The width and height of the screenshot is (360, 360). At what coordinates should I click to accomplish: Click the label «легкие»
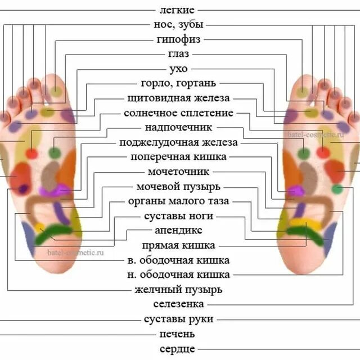pos(178,10)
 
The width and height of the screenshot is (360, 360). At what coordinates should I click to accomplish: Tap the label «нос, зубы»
pos(178,25)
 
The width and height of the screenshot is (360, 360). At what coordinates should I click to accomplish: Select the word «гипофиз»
pos(178,39)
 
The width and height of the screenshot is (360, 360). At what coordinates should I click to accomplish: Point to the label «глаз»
pos(178,54)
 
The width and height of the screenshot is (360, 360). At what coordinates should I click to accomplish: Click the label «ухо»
pos(178,69)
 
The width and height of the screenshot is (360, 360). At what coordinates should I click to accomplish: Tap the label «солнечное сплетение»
pos(178,113)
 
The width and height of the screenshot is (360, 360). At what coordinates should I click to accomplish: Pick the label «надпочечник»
pos(178,128)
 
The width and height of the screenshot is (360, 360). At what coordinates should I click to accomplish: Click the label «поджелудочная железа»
pos(178,142)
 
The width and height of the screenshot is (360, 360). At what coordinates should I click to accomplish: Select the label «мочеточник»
pos(178,172)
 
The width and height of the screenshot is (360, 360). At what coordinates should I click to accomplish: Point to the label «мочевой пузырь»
pos(178,186)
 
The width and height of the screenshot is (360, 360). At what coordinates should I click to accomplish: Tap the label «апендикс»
pos(178,231)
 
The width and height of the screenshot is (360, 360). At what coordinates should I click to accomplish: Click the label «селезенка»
pos(178,304)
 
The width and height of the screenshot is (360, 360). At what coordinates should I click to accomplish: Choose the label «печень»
pos(178,334)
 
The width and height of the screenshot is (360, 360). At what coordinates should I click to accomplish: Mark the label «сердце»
pos(178,349)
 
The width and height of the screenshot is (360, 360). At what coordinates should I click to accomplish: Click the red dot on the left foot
pos(32,153)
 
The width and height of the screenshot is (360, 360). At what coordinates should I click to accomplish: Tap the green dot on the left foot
pos(54,152)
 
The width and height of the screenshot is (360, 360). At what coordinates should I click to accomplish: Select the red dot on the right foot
pos(323,152)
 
